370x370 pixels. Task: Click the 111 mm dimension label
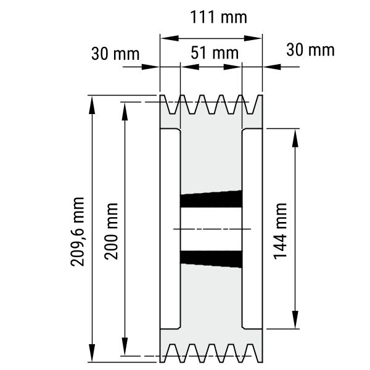tap(218, 17)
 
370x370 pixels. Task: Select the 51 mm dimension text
tap(215, 53)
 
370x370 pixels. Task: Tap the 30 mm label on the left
tap(115, 54)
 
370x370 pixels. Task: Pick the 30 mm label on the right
tap(310, 50)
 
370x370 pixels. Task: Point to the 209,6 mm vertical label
tap(78, 232)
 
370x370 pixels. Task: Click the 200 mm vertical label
tap(111, 231)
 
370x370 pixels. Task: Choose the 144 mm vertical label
tap(280, 231)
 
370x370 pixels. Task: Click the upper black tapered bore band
tap(211, 199)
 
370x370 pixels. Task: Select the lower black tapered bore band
tap(211, 259)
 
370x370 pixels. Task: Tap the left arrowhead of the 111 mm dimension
tap(170, 38)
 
